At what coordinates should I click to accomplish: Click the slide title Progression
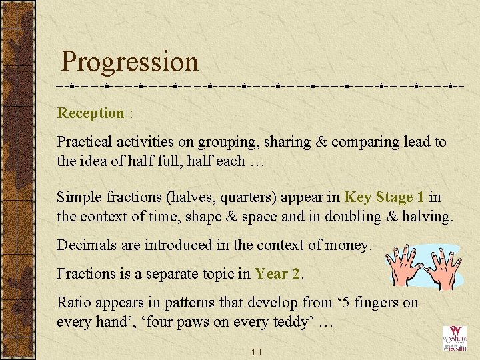point(129,62)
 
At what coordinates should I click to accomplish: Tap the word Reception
point(91,113)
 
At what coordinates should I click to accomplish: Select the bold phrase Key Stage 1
point(384,197)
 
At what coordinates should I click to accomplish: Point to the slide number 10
point(255,351)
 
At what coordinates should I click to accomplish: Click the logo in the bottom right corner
point(455,339)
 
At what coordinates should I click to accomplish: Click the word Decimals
point(83,245)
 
